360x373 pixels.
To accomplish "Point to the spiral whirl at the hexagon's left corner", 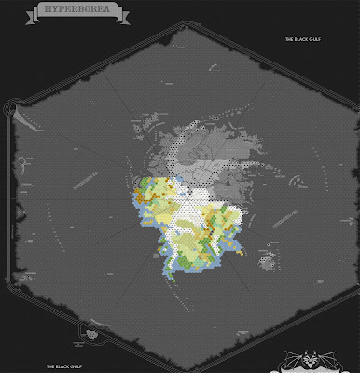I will [x=12, y=109].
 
